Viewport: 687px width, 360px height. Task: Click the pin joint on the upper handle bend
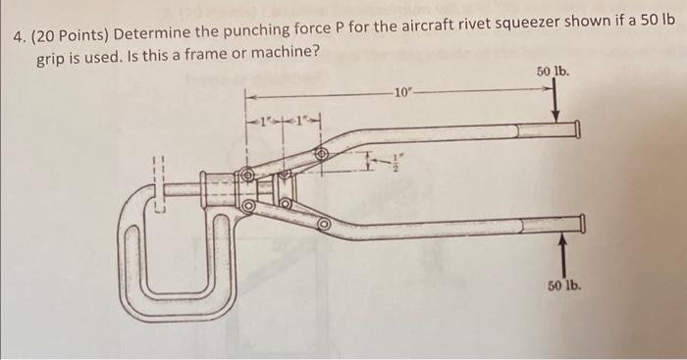[x=321, y=154]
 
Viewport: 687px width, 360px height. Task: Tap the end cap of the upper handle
[x=577, y=129]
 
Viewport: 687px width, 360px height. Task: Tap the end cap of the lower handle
[x=582, y=226]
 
